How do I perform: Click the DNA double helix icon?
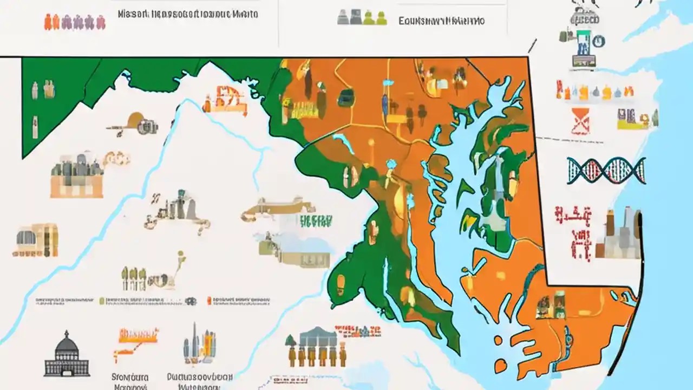point(606,171)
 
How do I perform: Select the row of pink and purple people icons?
point(74,22)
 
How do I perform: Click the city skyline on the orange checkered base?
point(77,176)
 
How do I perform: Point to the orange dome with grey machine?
point(133,124)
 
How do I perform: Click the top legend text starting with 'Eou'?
point(441,21)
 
